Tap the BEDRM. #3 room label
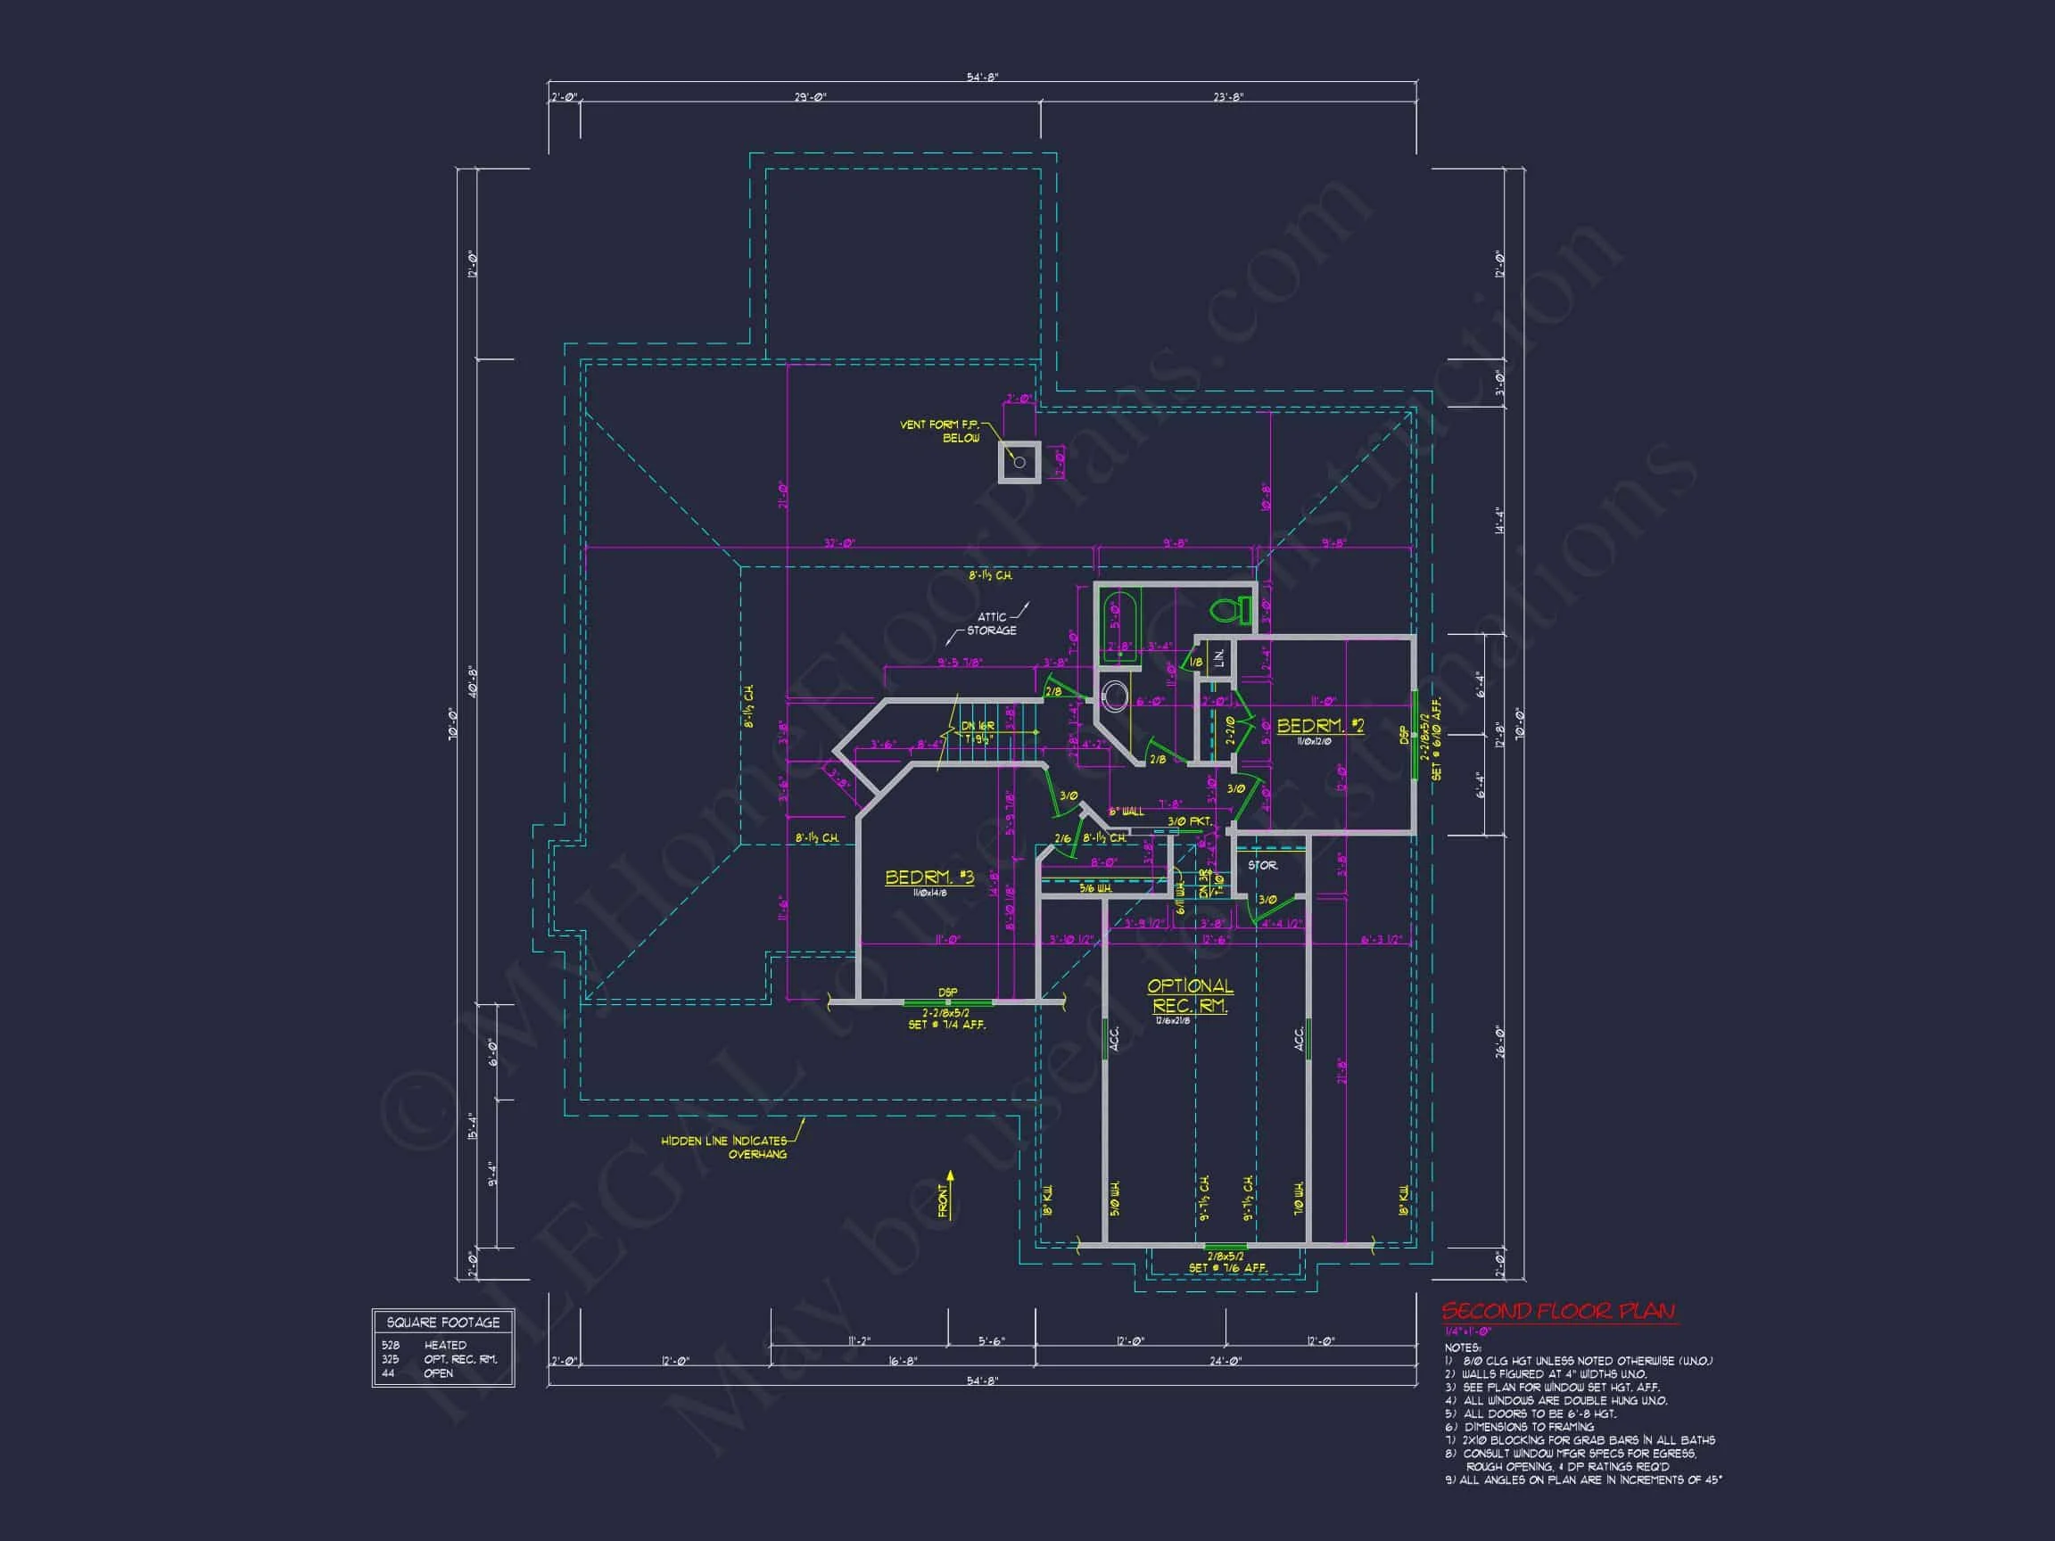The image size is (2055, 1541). (928, 878)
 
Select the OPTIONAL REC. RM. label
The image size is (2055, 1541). (1190, 996)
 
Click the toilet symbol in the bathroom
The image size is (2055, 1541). (1230, 610)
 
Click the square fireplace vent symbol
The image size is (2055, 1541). (1019, 461)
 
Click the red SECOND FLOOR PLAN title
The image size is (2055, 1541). (1558, 1312)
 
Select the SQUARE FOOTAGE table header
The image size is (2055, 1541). (443, 1322)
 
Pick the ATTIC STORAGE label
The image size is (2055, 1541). (991, 623)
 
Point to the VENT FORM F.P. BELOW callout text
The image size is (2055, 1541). (939, 431)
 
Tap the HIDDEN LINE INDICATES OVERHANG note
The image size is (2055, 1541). (723, 1147)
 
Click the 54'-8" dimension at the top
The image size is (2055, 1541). (982, 78)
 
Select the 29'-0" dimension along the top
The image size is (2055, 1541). (809, 97)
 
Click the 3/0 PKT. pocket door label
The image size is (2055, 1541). (1189, 822)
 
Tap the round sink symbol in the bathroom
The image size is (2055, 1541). (1113, 694)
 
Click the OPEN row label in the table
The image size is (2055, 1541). (439, 1372)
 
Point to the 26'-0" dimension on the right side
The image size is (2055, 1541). (1498, 1042)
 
